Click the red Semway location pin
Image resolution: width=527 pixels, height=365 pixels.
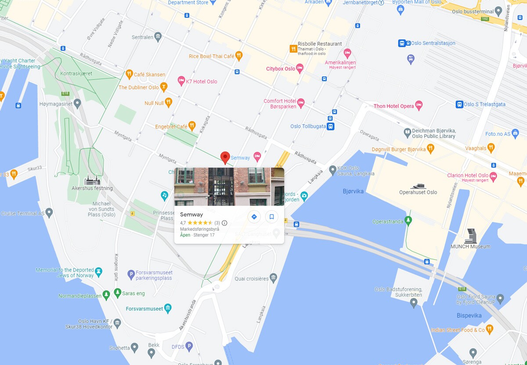click(x=225, y=157)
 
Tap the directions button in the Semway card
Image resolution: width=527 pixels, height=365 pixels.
click(x=254, y=217)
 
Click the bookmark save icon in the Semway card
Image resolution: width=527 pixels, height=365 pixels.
click(x=271, y=217)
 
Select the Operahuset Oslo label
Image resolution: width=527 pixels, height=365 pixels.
click(x=418, y=192)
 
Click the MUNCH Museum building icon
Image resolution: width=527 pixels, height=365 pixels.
click(x=471, y=235)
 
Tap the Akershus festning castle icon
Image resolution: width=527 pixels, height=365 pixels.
click(x=92, y=180)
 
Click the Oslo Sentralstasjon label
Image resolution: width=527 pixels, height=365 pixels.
click(x=427, y=43)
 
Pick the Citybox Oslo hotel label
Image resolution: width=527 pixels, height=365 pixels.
click(x=281, y=69)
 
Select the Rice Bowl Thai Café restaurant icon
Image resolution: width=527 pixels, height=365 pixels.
click(x=239, y=56)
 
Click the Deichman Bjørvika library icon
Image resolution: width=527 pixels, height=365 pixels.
click(x=408, y=132)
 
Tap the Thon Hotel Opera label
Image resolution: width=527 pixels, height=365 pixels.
click(x=393, y=106)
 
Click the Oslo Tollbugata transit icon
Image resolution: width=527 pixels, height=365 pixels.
click(x=330, y=126)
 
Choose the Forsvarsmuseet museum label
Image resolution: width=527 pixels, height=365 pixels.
click(x=144, y=308)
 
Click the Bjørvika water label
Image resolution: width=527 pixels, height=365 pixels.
click(x=354, y=191)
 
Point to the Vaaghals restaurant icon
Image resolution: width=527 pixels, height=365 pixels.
click(x=491, y=148)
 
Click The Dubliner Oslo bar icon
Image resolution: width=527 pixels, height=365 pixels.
click(x=164, y=87)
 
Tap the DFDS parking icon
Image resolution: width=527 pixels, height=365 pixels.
click(x=189, y=347)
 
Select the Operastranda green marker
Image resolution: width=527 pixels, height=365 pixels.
click(x=408, y=220)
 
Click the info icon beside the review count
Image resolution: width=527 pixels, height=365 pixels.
click(x=224, y=223)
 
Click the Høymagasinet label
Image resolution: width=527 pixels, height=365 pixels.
click(x=55, y=105)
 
